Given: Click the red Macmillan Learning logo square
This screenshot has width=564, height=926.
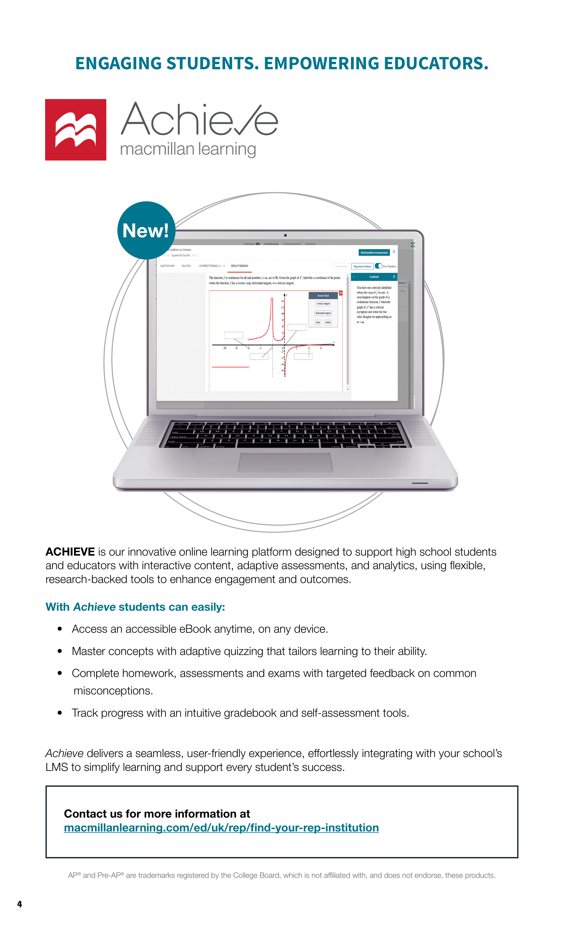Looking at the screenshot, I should (76, 130).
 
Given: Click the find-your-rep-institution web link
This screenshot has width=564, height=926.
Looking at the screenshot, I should (221, 828).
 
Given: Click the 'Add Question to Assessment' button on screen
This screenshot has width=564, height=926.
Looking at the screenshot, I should (374, 253).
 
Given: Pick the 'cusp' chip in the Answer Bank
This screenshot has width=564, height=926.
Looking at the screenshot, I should (318, 323).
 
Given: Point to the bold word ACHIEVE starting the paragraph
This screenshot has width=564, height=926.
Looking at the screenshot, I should (70, 552).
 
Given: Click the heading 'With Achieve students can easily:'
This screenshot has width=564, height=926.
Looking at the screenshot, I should (135, 607).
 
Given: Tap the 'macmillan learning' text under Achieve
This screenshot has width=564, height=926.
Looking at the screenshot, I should (188, 149).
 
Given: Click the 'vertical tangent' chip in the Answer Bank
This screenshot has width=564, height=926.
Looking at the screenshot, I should (323, 304).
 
